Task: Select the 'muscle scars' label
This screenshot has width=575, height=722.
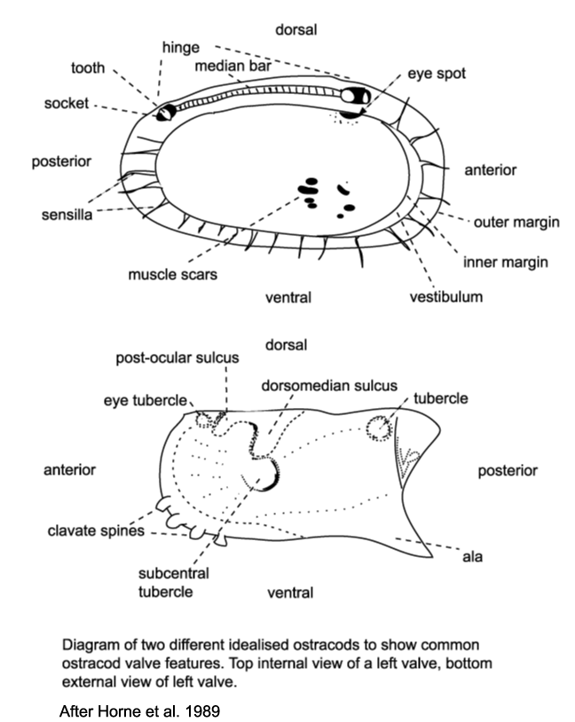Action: pos(171,274)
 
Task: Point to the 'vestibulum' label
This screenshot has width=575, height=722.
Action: pos(445,296)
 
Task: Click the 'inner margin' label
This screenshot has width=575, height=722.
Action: pos(507,262)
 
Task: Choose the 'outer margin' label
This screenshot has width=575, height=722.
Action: pos(516,222)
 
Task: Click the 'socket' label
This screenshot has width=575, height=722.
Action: pos(66,104)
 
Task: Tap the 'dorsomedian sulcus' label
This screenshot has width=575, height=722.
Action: pos(309,386)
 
